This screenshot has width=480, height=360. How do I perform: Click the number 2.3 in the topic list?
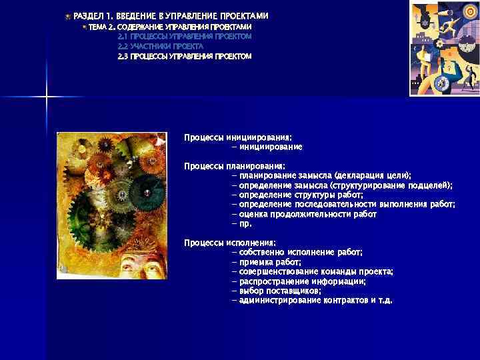tap(123, 57)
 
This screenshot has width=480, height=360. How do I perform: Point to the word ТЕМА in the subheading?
tap(97, 26)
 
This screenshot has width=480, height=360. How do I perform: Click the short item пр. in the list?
tap(245, 224)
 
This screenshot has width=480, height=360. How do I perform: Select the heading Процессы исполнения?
tap(230, 243)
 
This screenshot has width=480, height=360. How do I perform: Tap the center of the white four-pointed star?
tap(47, 99)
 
